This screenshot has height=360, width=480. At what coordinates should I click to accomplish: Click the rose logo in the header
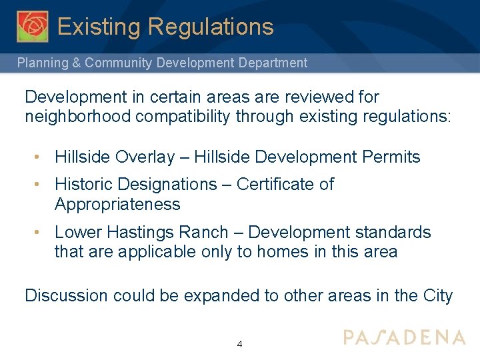coord(33,26)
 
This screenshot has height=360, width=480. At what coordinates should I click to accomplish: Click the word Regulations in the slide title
coord(211,27)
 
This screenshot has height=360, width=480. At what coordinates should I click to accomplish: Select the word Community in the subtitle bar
coord(121,63)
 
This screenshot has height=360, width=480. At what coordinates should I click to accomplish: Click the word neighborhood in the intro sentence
coord(69,117)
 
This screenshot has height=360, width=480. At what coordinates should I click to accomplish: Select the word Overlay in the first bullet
coord(145,157)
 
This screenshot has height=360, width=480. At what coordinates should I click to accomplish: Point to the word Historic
coord(81,184)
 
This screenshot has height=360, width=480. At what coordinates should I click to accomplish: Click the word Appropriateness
coord(117,204)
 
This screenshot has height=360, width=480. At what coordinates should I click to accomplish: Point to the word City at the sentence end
coord(436,295)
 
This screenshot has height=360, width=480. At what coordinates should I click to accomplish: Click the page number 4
coord(239,345)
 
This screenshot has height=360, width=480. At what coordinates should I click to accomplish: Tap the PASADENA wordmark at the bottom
coord(404,337)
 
